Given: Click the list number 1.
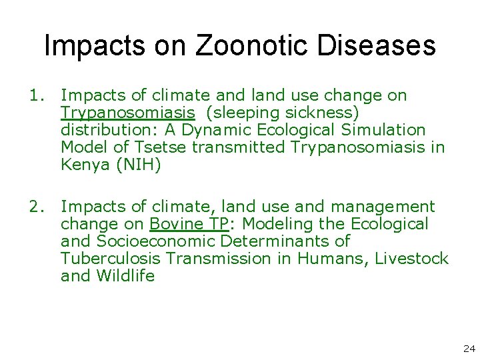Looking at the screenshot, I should pyautogui.click(x=35, y=96).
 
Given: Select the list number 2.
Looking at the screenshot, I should pyautogui.click(x=35, y=207).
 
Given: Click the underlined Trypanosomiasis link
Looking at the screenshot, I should pyautogui.click(x=127, y=113).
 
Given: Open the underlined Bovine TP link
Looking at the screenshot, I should pyautogui.click(x=190, y=224).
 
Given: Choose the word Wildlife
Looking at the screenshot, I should pyautogui.click(x=127, y=275).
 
